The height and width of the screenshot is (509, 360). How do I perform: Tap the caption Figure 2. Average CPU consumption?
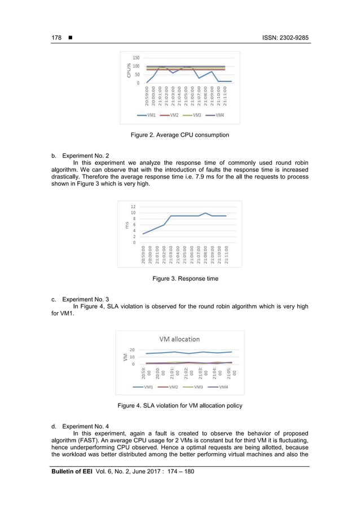click(x=179, y=135)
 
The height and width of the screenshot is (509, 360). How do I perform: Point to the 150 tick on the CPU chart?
click(x=137, y=58)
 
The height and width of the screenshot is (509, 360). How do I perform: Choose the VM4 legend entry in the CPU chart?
click(x=217, y=115)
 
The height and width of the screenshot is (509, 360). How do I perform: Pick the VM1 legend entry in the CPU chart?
click(x=148, y=115)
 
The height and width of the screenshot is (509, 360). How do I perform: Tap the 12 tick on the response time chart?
click(x=133, y=207)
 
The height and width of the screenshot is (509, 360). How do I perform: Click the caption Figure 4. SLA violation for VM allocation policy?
click(x=179, y=406)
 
